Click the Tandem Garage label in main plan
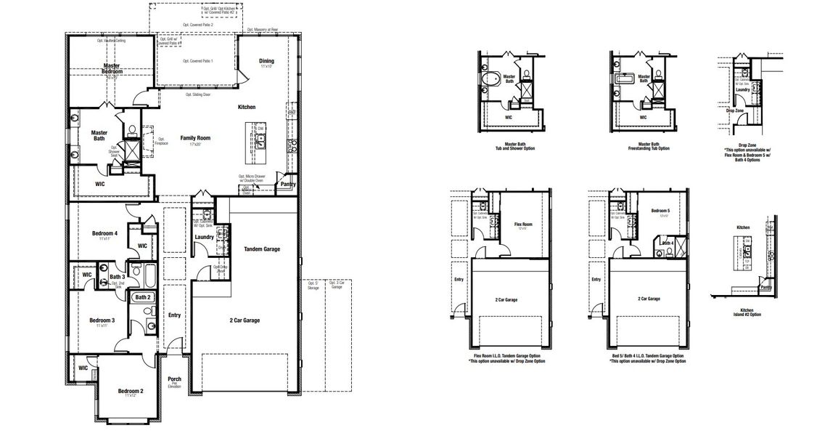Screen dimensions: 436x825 (x=262, y=249)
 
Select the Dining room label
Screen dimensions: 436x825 (x=266, y=62)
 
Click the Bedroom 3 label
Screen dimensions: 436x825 (x=102, y=320)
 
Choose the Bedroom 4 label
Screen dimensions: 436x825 (x=105, y=233)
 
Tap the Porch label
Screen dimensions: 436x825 (x=174, y=378)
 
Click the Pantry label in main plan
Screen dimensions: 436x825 (x=287, y=184)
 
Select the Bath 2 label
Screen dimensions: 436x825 (x=143, y=296)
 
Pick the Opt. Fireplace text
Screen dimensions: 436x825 (x=161, y=141)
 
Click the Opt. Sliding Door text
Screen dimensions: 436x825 (x=198, y=94)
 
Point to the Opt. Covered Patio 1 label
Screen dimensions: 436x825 (x=197, y=61)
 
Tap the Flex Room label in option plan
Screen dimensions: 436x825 (x=522, y=225)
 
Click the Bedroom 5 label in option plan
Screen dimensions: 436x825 (x=659, y=209)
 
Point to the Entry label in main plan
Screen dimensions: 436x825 (x=174, y=315)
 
